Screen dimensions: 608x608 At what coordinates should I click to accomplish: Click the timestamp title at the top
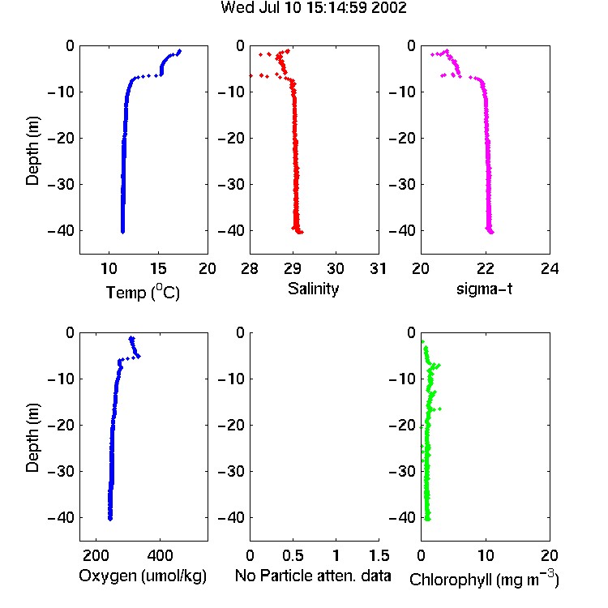coord(314,7)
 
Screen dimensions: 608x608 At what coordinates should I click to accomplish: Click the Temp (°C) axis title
coord(143,292)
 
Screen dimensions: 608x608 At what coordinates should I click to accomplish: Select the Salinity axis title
coord(313,289)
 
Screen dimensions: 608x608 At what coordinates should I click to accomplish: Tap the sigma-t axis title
coord(484,289)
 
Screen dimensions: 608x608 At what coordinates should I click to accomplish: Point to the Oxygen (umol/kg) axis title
coord(143,576)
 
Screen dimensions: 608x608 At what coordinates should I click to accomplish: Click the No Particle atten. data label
coord(313,576)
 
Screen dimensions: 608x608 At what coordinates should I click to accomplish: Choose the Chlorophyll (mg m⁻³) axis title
coord(484,579)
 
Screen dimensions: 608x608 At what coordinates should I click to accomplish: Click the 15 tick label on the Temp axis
coord(158,268)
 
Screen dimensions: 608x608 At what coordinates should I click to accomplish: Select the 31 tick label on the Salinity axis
coord(378,268)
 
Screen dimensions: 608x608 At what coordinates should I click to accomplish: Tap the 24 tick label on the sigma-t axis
coord(550,268)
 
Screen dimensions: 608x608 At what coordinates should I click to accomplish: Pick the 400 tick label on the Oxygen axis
coord(160,555)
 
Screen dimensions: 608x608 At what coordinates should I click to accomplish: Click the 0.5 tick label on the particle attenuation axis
coord(293,555)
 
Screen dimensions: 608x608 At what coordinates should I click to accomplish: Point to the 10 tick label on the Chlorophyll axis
coord(486,555)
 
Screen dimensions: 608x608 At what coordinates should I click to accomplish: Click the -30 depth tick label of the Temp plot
coord(61,184)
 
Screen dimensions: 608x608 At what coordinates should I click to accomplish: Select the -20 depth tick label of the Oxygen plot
coord(61,425)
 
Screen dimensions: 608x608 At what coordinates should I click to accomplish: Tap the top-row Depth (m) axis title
coord(32,151)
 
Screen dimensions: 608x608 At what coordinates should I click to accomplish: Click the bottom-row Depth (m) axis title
coord(32,438)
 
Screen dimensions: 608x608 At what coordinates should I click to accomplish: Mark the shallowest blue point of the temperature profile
coord(179,51)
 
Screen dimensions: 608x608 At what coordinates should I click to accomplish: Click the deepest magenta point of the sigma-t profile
coord(492,233)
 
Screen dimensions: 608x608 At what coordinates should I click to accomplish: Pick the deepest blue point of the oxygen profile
coord(110,519)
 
